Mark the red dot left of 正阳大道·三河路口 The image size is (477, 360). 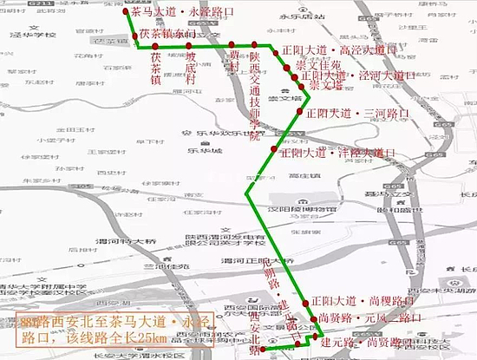tap(299, 113)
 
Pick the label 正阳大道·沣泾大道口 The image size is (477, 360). tap(343, 153)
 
